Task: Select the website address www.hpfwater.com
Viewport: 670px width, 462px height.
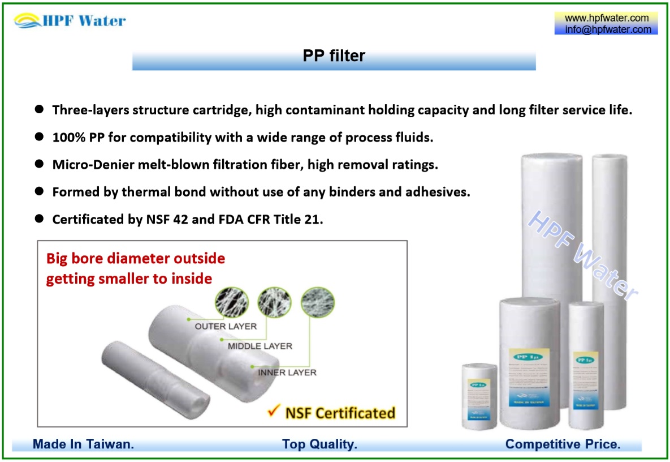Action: click(607, 18)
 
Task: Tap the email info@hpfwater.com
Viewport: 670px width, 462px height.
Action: click(607, 29)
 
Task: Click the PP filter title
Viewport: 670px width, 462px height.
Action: click(334, 55)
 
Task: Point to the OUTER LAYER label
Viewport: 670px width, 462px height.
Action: click(226, 327)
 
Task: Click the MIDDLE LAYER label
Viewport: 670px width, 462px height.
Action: click(260, 346)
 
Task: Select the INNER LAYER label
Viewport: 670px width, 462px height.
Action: click(287, 373)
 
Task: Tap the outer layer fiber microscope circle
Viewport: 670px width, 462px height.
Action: click(232, 302)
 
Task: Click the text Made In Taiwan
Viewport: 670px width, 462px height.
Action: click(83, 444)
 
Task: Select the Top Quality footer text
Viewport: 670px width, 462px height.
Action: click(319, 444)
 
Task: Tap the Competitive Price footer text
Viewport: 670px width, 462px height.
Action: click(563, 444)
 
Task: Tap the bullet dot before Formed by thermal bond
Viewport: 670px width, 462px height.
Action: click(39, 191)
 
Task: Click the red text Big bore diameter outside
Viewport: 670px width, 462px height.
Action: click(136, 259)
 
